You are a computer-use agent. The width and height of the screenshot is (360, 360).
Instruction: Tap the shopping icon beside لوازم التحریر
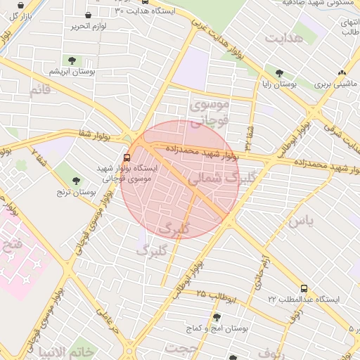coord(87,15)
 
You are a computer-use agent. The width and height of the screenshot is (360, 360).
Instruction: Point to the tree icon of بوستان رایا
coord(280,73)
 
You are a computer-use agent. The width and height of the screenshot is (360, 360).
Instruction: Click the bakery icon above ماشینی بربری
coord(342,72)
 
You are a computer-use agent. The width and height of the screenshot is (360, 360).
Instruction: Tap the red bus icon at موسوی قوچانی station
coord(127,157)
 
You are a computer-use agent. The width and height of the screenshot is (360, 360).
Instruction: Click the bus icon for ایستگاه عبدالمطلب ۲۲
coord(304,288)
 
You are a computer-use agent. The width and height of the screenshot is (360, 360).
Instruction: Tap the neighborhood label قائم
coord(40,89)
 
